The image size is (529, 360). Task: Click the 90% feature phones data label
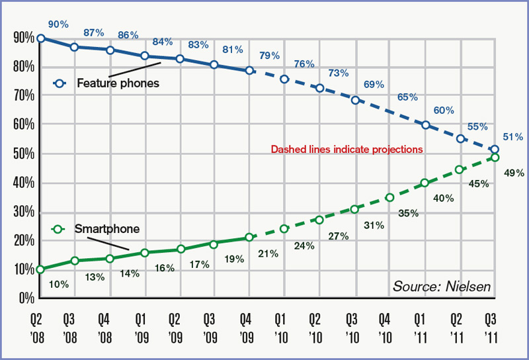click(x=58, y=24)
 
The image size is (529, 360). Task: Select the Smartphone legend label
click(x=106, y=229)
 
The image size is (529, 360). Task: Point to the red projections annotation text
click(x=346, y=150)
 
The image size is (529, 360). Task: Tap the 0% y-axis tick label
click(x=24, y=298)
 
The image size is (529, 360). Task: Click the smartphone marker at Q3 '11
click(x=494, y=157)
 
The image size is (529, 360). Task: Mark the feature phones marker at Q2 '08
click(x=40, y=38)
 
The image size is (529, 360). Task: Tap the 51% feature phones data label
click(x=513, y=137)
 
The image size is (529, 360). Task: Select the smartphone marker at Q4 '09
click(x=249, y=237)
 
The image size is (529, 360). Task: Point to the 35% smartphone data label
click(x=408, y=213)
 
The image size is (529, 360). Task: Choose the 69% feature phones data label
click(x=374, y=85)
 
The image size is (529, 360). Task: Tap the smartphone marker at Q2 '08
click(x=40, y=269)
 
